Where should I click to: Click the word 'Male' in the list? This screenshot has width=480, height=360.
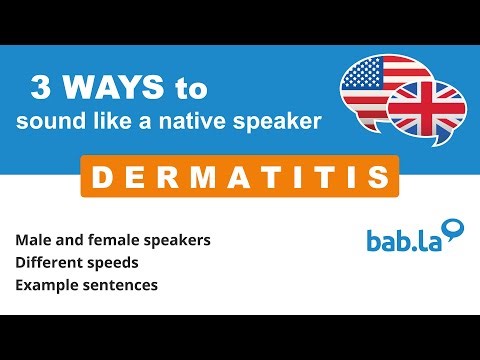[x=33, y=241]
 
